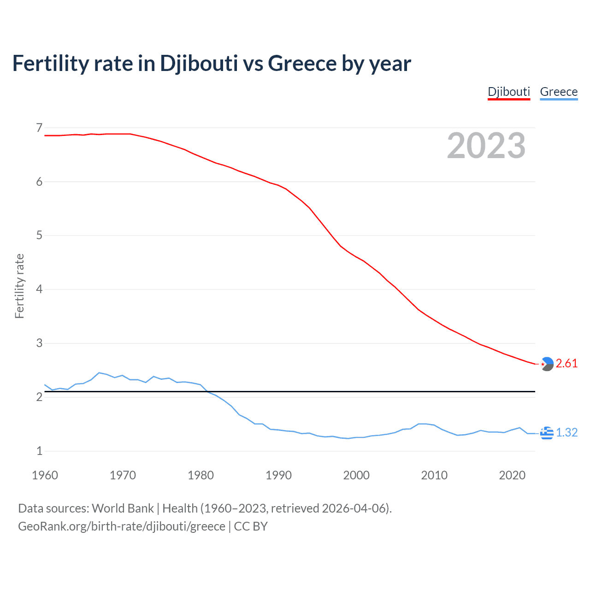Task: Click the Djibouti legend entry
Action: pyautogui.click(x=509, y=92)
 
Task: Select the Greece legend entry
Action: pyautogui.click(x=559, y=92)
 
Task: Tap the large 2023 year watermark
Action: pyautogui.click(x=486, y=146)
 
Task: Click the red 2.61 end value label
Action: pyautogui.click(x=566, y=363)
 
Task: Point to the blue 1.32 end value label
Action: pyautogui.click(x=566, y=432)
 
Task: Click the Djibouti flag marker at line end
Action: pyautogui.click(x=547, y=364)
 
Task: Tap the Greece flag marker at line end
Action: pyautogui.click(x=547, y=433)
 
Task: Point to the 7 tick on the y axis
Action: pyautogui.click(x=39, y=128)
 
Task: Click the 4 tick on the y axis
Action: pyautogui.click(x=39, y=289)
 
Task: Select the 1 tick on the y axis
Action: pyautogui.click(x=39, y=451)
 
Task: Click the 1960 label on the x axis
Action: pyautogui.click(x=45, y=475)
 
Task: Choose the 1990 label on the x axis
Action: pyautogui.click(x=278, y=475)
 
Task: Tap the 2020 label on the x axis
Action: pyautogui.click(x=512, y=475)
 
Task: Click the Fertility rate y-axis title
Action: pyautogui.click(x=19, y=286)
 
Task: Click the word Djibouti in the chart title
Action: pyautogui.click(x=199, y=64)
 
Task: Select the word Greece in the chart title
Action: pyautogui.click(x=302, y=64)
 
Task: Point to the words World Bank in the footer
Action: pyautogui.click(x=123, y=508)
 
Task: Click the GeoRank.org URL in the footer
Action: pyautogui.click(x=122, y=526)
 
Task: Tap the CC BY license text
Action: pyautogui.click(x=251, y=526)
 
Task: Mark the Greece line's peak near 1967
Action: pyautogui.click(x=99, y=372)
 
